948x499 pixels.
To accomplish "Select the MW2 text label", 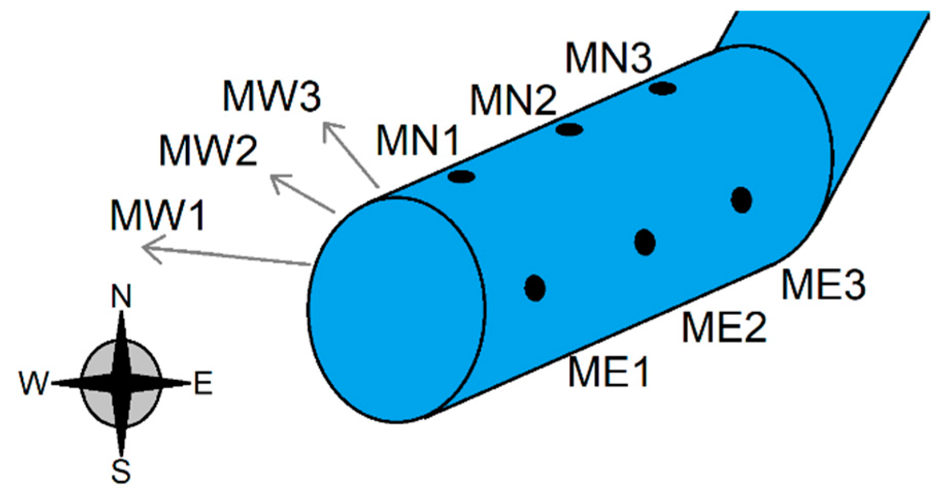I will click(208, 151).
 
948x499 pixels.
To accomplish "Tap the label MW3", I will click(272, 96).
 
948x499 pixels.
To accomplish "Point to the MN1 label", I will click(417, 140).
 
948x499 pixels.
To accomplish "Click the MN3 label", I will click(608, 57).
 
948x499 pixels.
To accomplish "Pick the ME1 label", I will click(608, 372).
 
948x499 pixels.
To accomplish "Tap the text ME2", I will click(724, 327).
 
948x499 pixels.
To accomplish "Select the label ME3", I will click(823, 285).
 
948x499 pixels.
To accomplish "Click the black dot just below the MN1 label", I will click(461, 177).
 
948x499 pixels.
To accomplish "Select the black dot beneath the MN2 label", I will click(569, 129).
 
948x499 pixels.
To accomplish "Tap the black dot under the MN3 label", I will click(663, 88).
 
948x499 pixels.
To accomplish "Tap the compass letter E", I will click(203, 384).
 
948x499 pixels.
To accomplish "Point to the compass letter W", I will click(34, 384).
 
